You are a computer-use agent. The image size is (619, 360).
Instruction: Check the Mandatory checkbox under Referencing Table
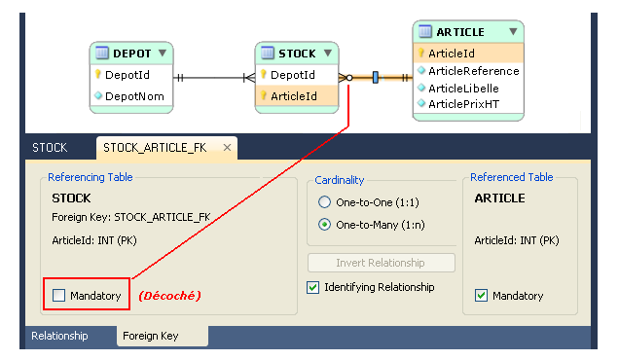(x=58, y=295)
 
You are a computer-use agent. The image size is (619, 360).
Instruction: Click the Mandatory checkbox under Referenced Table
(x=481, y=295)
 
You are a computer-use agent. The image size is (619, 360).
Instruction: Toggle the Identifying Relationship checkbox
(x=312, y=287)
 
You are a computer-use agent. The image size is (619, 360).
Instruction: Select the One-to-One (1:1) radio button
(x=324, y=202)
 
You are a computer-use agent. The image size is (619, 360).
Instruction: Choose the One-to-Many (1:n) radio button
(x=324, y=225)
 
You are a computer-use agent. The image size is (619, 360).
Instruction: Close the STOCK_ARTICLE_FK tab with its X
(x=227, y=148)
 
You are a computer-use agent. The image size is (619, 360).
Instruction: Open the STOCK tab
(x=50, y=148)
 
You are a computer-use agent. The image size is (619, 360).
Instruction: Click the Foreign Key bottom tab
(x=151, y=336)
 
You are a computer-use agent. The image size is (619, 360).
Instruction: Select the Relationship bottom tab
(x=59, y=336)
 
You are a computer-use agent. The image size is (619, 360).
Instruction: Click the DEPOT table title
(x=131, y=54)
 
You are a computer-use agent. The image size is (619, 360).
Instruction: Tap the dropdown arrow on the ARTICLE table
(x=513, y=31)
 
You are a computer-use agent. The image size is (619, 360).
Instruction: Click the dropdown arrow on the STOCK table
(x=328, y=53)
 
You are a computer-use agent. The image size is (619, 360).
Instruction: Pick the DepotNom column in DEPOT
(x=134, y=96)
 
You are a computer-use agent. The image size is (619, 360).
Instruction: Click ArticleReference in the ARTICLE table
(x=474, y=71)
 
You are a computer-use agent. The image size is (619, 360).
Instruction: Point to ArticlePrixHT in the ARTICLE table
(x=464, y=104)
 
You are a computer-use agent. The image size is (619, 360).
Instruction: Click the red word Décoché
(x=169, y=296)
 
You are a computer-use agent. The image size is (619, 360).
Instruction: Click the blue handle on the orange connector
(x=376, y=78)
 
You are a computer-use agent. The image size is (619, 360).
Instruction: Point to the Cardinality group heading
(x=339, y=180)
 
